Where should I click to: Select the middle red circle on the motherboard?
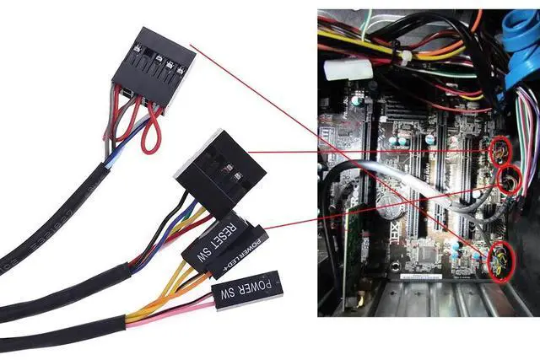pos(510,180)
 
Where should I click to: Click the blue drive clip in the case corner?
pos(518,42)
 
